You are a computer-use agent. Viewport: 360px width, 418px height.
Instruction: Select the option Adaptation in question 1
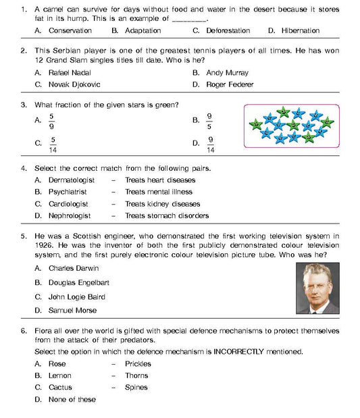point(143,31)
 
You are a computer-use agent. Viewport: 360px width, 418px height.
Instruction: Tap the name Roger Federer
point(230,84)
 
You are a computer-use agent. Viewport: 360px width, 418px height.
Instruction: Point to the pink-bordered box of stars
point(291,124)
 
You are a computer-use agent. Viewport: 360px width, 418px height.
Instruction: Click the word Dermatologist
point(72,180)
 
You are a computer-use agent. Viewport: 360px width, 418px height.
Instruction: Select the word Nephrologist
point(70,216)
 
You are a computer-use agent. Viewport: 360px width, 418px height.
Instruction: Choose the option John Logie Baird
point(77,296)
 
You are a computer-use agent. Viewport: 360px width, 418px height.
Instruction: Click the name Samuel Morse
point(72,311)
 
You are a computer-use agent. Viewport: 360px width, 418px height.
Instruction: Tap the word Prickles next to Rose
point(137,364)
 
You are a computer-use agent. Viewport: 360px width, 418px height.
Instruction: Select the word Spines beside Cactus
point(136,388)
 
